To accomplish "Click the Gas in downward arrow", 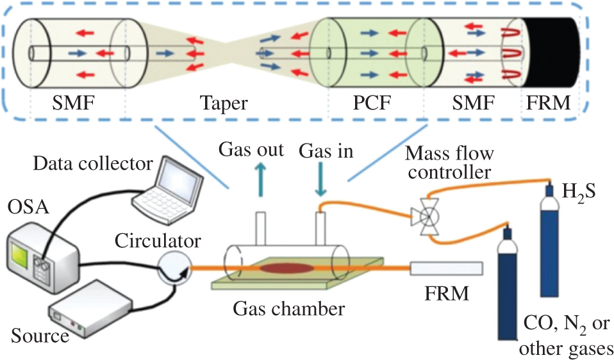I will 321,180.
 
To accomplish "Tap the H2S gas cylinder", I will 549,243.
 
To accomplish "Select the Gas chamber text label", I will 288,309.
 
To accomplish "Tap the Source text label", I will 40,335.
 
